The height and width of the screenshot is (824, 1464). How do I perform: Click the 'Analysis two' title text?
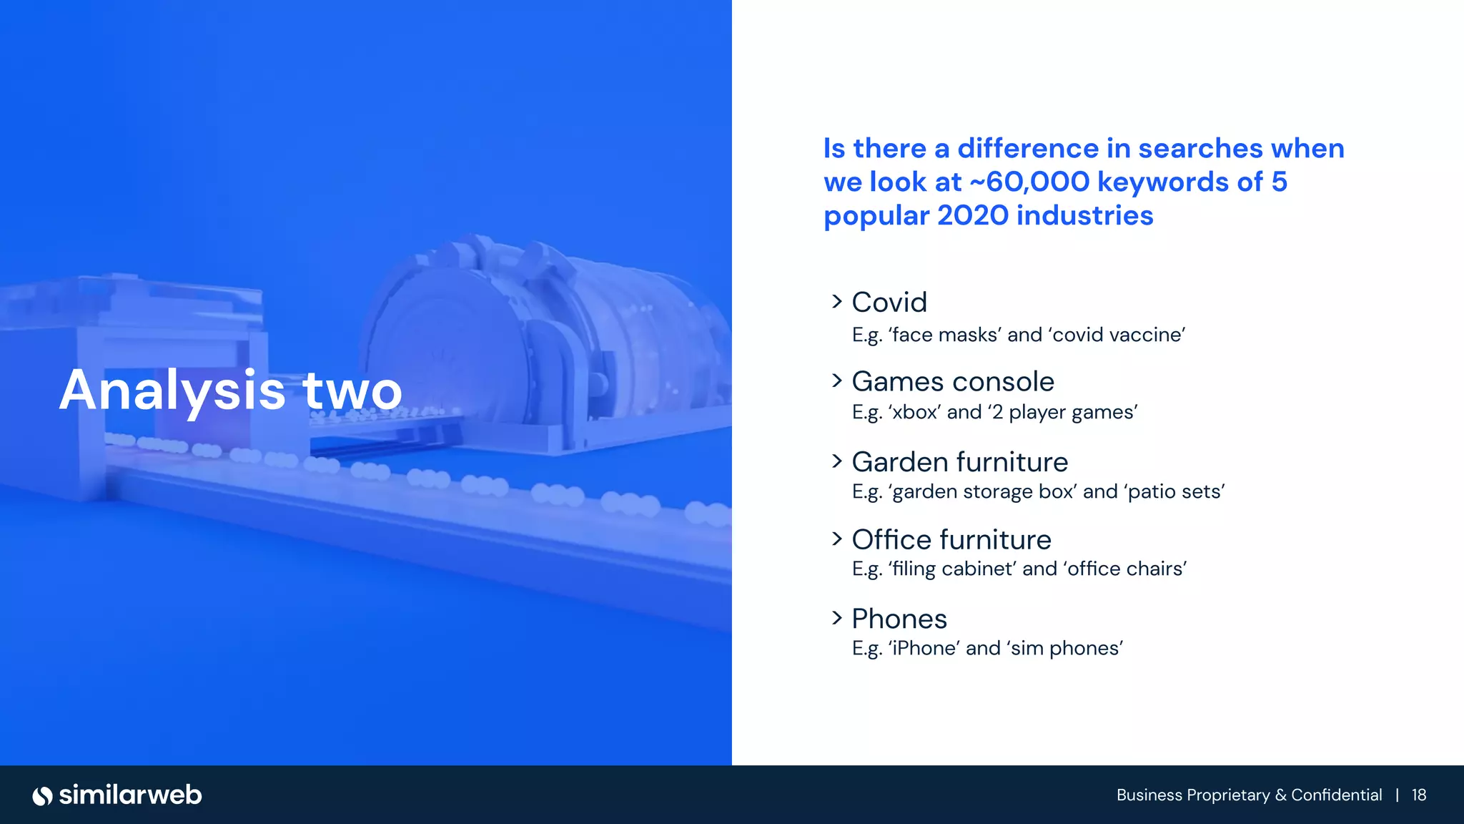click(x=230, y=391)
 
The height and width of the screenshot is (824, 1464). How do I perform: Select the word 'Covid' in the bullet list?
click(x=889, y=303)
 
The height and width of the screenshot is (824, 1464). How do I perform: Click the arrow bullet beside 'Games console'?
click(x=837, y=381)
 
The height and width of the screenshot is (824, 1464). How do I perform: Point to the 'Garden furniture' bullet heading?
click(x=959, y=462)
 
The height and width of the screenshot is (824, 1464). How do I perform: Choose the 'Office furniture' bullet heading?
click(x=951, y=540)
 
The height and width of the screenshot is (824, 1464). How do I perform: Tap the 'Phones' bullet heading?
click(x=899, y=619)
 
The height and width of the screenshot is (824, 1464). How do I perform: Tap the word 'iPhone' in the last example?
click(x=923, y=649)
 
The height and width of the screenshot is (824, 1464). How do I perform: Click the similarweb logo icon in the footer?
click(x=43, y=795)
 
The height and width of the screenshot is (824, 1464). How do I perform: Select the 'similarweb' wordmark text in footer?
click(x=131, y=795)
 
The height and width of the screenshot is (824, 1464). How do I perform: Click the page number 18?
click(x=1419, y=795)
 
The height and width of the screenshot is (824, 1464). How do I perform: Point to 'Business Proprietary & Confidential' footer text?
click(x=1249, y=795)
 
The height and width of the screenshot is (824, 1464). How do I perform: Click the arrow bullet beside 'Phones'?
click(x=837, y=617)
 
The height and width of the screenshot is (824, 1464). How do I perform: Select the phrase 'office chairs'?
click(x=1124, y=569)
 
